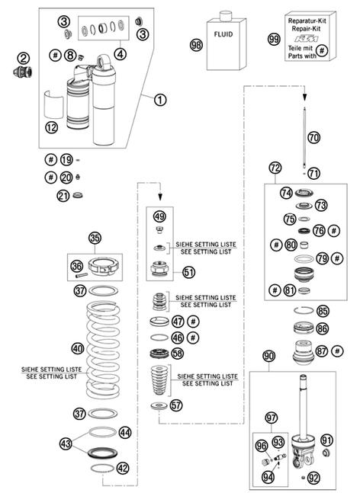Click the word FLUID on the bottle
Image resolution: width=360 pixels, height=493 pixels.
click(223, 34)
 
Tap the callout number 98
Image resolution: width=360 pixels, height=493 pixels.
click(196, 45)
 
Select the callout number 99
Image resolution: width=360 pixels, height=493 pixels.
click(274, 40)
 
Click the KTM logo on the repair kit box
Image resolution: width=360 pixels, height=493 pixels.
click(306, 39)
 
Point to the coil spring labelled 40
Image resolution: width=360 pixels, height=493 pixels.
click(103, 349)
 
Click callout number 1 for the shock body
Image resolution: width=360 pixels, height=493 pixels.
click(160, 100)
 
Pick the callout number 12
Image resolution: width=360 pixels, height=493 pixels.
click(52, 127)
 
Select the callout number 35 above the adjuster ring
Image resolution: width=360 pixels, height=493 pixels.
click(95, 238)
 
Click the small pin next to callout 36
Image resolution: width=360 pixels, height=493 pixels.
click(81, 276)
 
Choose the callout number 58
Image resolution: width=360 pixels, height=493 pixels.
click(177, 354)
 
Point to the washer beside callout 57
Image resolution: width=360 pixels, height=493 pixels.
click(159, 406)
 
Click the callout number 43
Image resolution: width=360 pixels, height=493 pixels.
click(66, 444)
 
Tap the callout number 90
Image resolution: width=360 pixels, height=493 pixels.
click(268, 357)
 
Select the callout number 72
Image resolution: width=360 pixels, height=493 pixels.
click(275, 168)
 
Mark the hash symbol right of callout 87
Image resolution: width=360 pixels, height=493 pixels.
click(337, 351)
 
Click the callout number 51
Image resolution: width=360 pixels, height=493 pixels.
click(189, 272)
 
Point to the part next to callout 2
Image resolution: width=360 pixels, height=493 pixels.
click(23, 72)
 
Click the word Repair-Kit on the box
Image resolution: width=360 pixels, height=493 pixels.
click(306, 29)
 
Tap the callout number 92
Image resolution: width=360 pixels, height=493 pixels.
click(313, 479)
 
